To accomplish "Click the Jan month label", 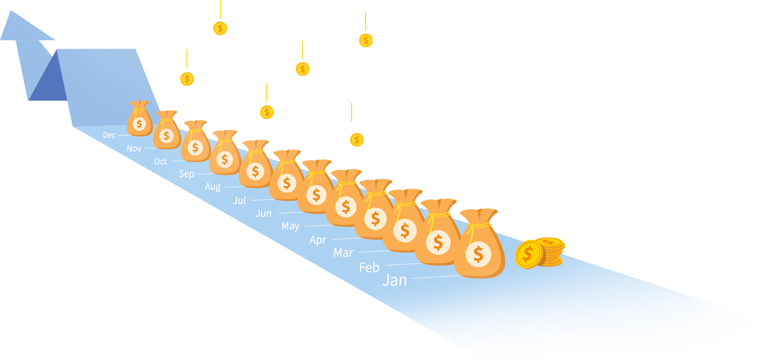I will (394, 280).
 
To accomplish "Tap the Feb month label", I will (369, 268).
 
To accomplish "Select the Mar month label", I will (343, 253).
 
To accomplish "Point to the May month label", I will (290, 226).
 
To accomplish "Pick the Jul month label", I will (240, 200).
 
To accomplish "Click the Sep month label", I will (186, 174).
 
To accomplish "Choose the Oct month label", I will (160, 161).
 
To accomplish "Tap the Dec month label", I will (109, 135).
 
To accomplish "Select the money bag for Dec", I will (139, 121).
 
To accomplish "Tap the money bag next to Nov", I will (166, 132).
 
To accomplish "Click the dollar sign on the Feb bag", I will (438, 242).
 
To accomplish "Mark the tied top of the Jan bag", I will (478, 216).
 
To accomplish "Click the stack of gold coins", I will (539, 253).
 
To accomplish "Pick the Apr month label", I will (317, 239).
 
